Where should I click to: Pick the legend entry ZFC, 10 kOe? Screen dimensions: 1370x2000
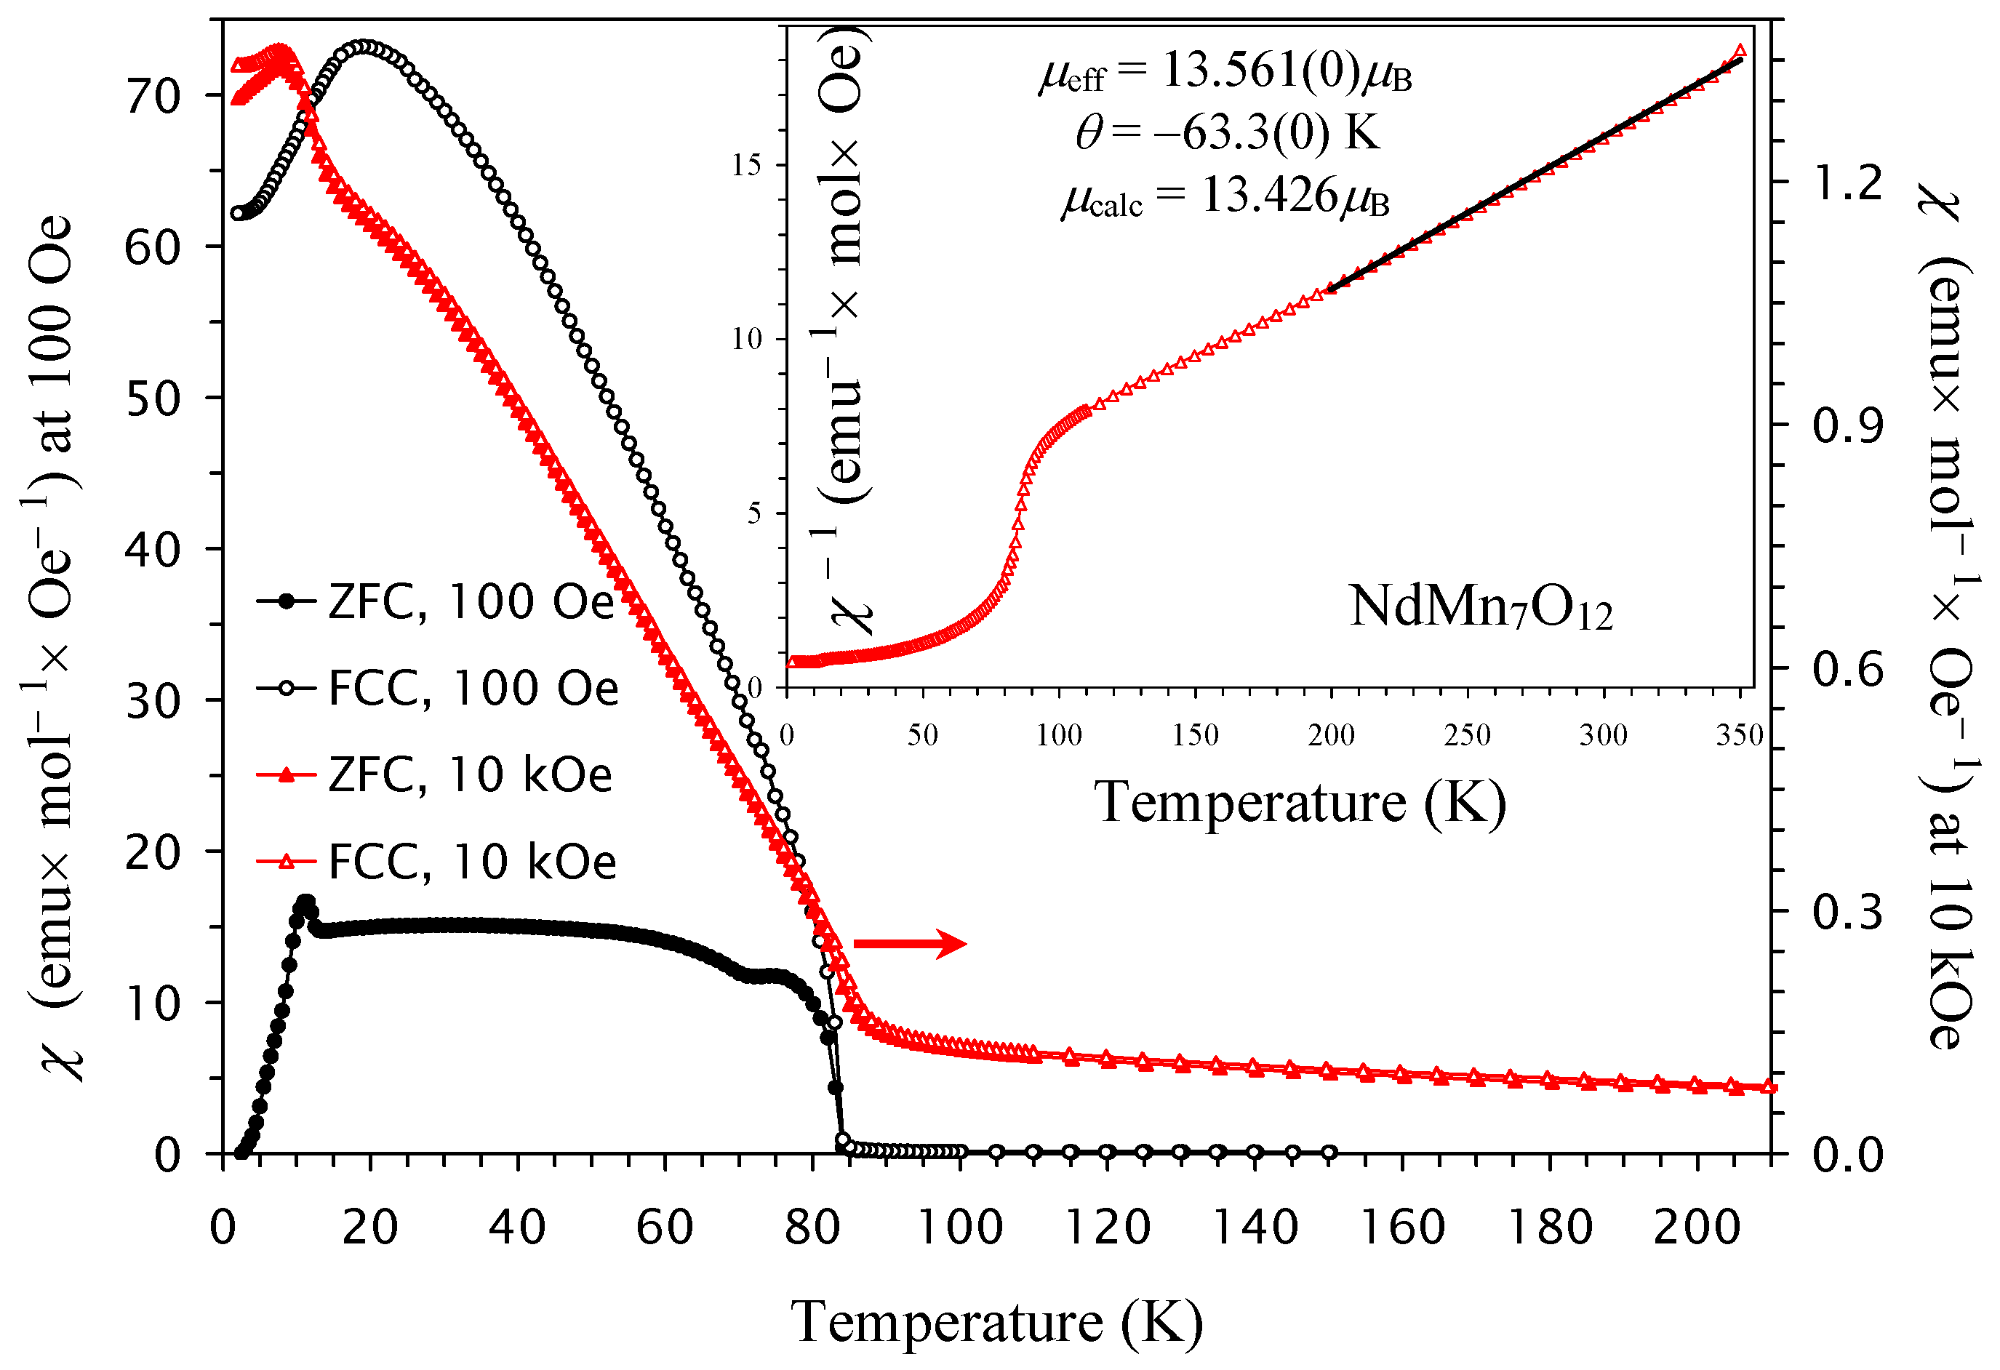436,774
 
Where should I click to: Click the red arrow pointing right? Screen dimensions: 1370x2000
910,943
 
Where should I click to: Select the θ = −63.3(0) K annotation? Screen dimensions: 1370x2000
1226,132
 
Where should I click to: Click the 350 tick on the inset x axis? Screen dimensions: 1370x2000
1739,735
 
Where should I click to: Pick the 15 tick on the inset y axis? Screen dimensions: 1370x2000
747,164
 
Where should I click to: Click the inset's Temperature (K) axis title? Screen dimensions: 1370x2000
1300,802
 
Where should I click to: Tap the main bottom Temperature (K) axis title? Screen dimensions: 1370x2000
996,1322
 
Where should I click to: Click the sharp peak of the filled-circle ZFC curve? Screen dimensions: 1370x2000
305,902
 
